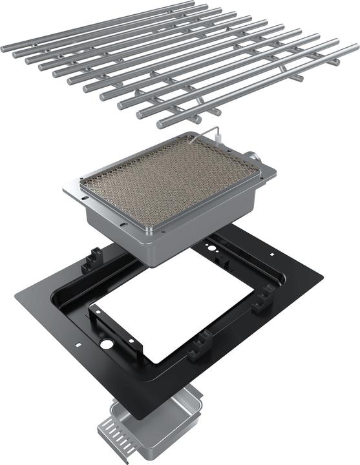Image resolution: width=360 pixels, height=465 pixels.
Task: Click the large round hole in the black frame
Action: pos(105,344)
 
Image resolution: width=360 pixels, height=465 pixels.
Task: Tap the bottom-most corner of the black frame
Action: pos(138,418)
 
